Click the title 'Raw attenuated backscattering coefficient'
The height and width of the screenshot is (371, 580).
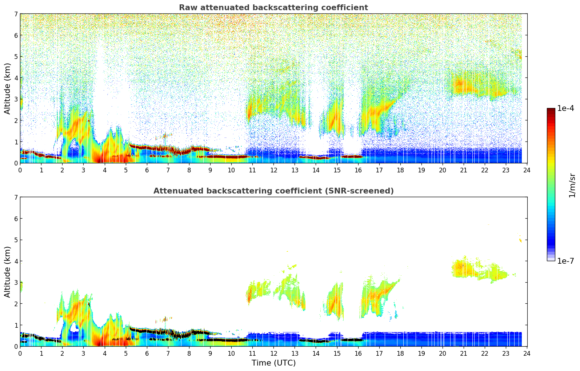[273, 8]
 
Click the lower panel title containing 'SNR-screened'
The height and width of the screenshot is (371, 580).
[273, 191]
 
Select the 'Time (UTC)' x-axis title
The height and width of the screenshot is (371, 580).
[273, 363]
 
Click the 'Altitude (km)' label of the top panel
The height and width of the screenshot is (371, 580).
[8, 88]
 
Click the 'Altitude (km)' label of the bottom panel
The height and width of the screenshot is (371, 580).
[8, 272]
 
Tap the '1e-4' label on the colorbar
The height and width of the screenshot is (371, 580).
[565, 108]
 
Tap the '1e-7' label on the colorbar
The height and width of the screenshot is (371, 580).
[565, 261]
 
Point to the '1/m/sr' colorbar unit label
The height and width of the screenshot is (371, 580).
[572, 185]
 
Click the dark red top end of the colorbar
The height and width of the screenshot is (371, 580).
[551, 110]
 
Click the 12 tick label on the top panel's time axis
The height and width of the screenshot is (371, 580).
[273, 170]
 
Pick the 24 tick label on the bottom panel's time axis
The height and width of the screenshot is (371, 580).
[527, 353]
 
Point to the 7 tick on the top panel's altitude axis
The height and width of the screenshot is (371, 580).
[16, 14]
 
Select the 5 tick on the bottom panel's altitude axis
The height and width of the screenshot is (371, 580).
[16, 240]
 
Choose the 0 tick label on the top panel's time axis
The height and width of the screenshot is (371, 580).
[20, 170]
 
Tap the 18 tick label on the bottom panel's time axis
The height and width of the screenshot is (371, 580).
[400, 353]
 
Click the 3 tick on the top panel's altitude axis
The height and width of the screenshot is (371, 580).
[16, 99]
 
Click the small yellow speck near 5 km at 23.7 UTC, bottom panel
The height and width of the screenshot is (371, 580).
[520, 240]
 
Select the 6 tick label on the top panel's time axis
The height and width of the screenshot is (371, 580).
[147, 170]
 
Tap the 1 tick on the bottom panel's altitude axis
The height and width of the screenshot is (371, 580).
[16, 325]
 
